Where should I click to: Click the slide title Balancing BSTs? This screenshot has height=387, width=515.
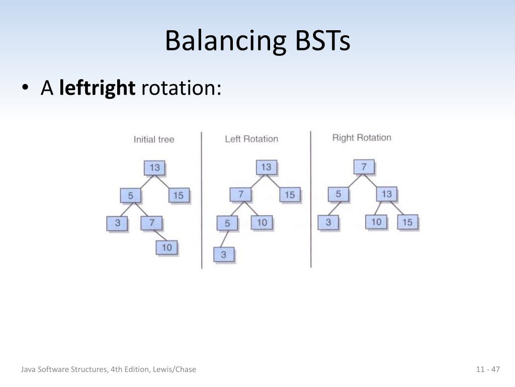pyautogui.click(x=257, y=41)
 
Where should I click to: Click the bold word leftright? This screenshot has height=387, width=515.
pyautogui.click(x=97, y=88)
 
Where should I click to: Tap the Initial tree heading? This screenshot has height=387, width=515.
pyautogui.click(x=154, y=139)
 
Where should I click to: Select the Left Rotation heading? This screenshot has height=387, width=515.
pyautogui.click(x=251, y=139)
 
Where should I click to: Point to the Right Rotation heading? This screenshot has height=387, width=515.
pyautogui.click(x=362, y=138)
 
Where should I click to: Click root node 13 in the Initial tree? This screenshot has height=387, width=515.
pyautogui.click(x=155, y=167)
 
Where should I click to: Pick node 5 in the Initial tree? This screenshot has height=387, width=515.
pyautogui.click(x=131, y=196)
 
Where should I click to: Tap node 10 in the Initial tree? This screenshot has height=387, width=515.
pyautogui.click(x=167, y=247)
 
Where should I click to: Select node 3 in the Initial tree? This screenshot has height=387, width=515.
pyautogui.click(x=118, y=223)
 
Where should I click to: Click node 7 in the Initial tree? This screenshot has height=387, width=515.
pyautogui.click(x=151, y=222)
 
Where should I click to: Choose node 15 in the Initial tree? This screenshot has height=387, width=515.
pyautogui.click(x=179, y=195)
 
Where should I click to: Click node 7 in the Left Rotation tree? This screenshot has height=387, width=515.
pyautogui.click(x=241, y=194)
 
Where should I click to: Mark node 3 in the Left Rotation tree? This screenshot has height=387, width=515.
pyautogui.click(x=224, y=254)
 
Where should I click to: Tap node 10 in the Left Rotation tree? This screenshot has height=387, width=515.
pyautogui.click(x=262, y=222)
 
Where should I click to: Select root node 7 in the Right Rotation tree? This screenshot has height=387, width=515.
pyautogui.click(x=364, y=166)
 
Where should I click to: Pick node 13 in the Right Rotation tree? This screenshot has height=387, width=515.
pyautogui.click(x=386, y=194)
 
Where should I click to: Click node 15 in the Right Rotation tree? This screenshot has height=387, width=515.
pyautogui.click(x=408, y=222)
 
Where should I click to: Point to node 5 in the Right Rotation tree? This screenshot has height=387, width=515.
pyautogui.click(x=338, y=194)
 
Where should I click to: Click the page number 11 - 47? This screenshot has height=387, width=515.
pyautogui.click(x=488, y=370)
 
